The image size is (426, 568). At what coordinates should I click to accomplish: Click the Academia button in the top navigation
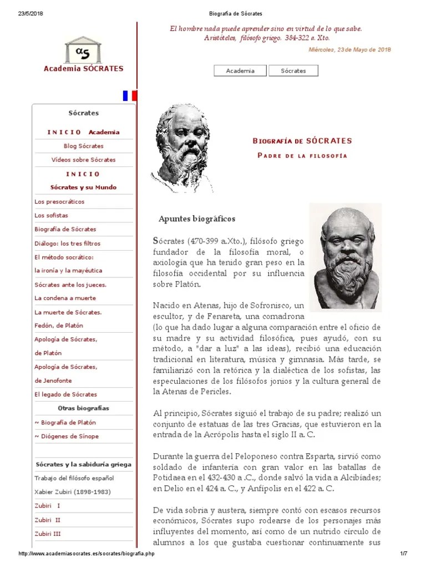pos(240,70)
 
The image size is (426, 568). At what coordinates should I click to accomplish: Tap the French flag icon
pos(129,95)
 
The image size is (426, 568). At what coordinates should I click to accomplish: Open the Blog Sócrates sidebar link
pos(83,146)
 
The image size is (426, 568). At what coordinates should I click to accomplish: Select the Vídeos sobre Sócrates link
pos(83,160)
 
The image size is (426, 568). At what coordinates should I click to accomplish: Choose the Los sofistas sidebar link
pos(51,215)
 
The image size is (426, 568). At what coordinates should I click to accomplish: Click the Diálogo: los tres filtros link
pos(67,243)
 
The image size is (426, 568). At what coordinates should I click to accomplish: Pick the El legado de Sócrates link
pos(65,394)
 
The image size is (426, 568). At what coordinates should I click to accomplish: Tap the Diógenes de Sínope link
pos(67,436)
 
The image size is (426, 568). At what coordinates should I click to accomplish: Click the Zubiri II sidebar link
pos(47,520)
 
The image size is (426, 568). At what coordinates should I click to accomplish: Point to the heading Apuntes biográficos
pos(197,219)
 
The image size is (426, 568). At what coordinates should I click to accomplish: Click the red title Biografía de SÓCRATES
pos(302,141)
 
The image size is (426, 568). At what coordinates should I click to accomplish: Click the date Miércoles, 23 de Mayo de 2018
pos(349,49)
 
